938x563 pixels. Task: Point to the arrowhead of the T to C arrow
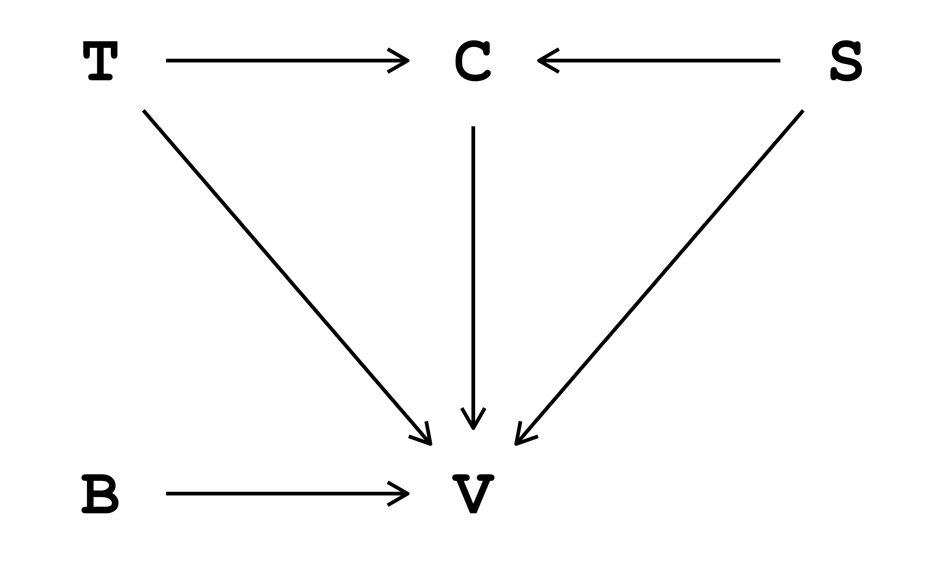click(x=406, y=60)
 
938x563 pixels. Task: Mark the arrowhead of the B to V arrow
click(x=406, y=494)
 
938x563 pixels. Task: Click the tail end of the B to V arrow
click(x=168, y=494)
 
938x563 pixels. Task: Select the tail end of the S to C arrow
click(x=779, y=60)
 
